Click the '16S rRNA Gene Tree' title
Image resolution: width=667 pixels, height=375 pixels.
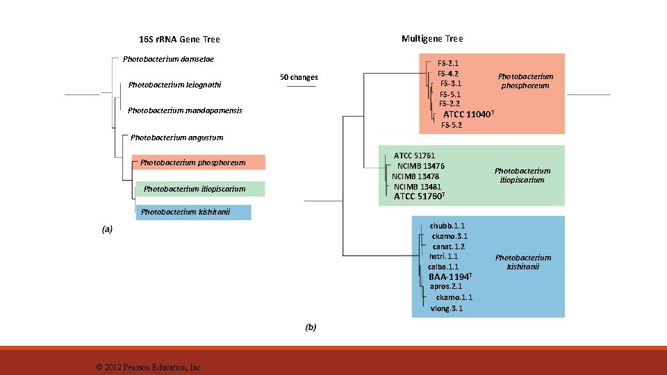179,40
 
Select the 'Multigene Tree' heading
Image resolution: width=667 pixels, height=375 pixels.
432,39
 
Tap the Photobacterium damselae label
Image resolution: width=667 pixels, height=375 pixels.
168,59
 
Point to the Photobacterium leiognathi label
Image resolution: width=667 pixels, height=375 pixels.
175,85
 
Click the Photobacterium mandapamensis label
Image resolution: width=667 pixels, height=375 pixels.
185,110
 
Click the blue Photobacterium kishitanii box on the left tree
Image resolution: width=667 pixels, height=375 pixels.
193,212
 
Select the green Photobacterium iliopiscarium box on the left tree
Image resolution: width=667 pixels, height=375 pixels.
197,189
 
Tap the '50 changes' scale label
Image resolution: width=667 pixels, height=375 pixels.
299,77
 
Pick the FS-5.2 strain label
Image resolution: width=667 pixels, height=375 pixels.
452,125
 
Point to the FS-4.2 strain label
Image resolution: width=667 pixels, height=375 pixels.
447,74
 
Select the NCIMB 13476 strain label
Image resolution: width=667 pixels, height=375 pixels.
420,166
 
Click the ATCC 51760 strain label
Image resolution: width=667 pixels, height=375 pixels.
419,197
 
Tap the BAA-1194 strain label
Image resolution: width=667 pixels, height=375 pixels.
451,277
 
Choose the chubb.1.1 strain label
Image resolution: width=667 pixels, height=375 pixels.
447,226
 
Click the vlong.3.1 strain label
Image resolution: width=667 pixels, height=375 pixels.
447,308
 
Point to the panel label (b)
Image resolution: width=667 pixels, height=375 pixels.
311,326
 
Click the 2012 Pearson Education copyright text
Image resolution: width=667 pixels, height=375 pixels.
149,367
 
